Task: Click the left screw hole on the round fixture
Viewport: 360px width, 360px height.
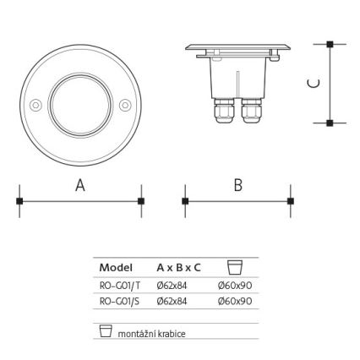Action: (35, 106)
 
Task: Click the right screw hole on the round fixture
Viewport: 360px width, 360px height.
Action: (125, 106)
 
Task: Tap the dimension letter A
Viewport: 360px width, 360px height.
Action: (80, 186)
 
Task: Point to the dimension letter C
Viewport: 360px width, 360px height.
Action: (313, 83)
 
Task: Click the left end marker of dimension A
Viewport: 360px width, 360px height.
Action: (19, 201)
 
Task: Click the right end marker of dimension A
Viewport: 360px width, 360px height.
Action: (140, 201)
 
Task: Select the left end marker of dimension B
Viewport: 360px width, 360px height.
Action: (185, 201)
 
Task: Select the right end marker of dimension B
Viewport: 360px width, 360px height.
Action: (292, 201)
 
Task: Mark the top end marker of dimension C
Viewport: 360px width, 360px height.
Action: (330, 43)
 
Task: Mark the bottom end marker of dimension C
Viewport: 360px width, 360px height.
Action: (330, 123)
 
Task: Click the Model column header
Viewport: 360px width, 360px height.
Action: (116, 268)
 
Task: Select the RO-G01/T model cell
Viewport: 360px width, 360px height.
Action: (119, 286)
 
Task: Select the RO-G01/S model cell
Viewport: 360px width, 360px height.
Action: (119, 300)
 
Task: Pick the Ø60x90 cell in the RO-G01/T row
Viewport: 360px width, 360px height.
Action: (236, 286)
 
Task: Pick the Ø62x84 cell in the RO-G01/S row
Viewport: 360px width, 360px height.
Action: (172, 300)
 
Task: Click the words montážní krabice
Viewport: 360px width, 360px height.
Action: (151, 333)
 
